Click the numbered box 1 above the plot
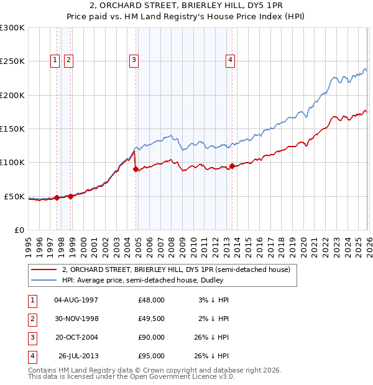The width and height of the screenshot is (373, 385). point(55,60)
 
